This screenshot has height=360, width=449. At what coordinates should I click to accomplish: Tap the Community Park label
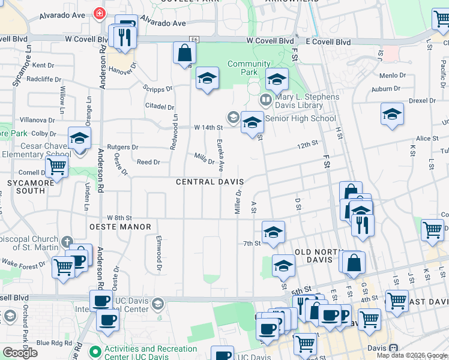[249, 68]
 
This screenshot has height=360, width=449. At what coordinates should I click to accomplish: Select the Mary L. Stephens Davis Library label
[307, 101]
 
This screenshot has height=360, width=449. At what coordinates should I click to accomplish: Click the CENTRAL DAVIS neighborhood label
[209, 181]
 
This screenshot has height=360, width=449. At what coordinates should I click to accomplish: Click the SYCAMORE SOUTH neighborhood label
[26, 186]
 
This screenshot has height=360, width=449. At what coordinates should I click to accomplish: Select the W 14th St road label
[208, 127]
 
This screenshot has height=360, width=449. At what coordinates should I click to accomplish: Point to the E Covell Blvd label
[328, 41]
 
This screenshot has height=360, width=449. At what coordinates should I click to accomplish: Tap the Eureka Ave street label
[220, 155]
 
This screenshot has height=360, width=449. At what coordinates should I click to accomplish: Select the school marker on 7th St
[273, 232]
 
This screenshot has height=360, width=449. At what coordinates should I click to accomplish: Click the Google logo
[20, 353]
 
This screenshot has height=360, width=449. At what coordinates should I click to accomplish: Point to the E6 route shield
[193, 40]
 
